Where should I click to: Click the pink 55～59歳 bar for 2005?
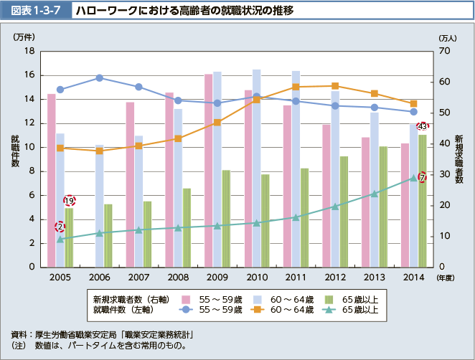(51, 179)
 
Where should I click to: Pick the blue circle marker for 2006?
(100, 77)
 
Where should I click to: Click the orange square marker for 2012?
(335, 86)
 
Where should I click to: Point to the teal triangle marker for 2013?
(374, 194)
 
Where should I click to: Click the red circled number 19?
(70, 201)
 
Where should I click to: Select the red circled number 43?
(422, 127)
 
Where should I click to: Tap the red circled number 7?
(422, 177)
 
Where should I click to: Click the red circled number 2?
(60, 227)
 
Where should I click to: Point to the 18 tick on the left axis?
(29, 51)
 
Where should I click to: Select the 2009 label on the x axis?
(217, 277)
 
